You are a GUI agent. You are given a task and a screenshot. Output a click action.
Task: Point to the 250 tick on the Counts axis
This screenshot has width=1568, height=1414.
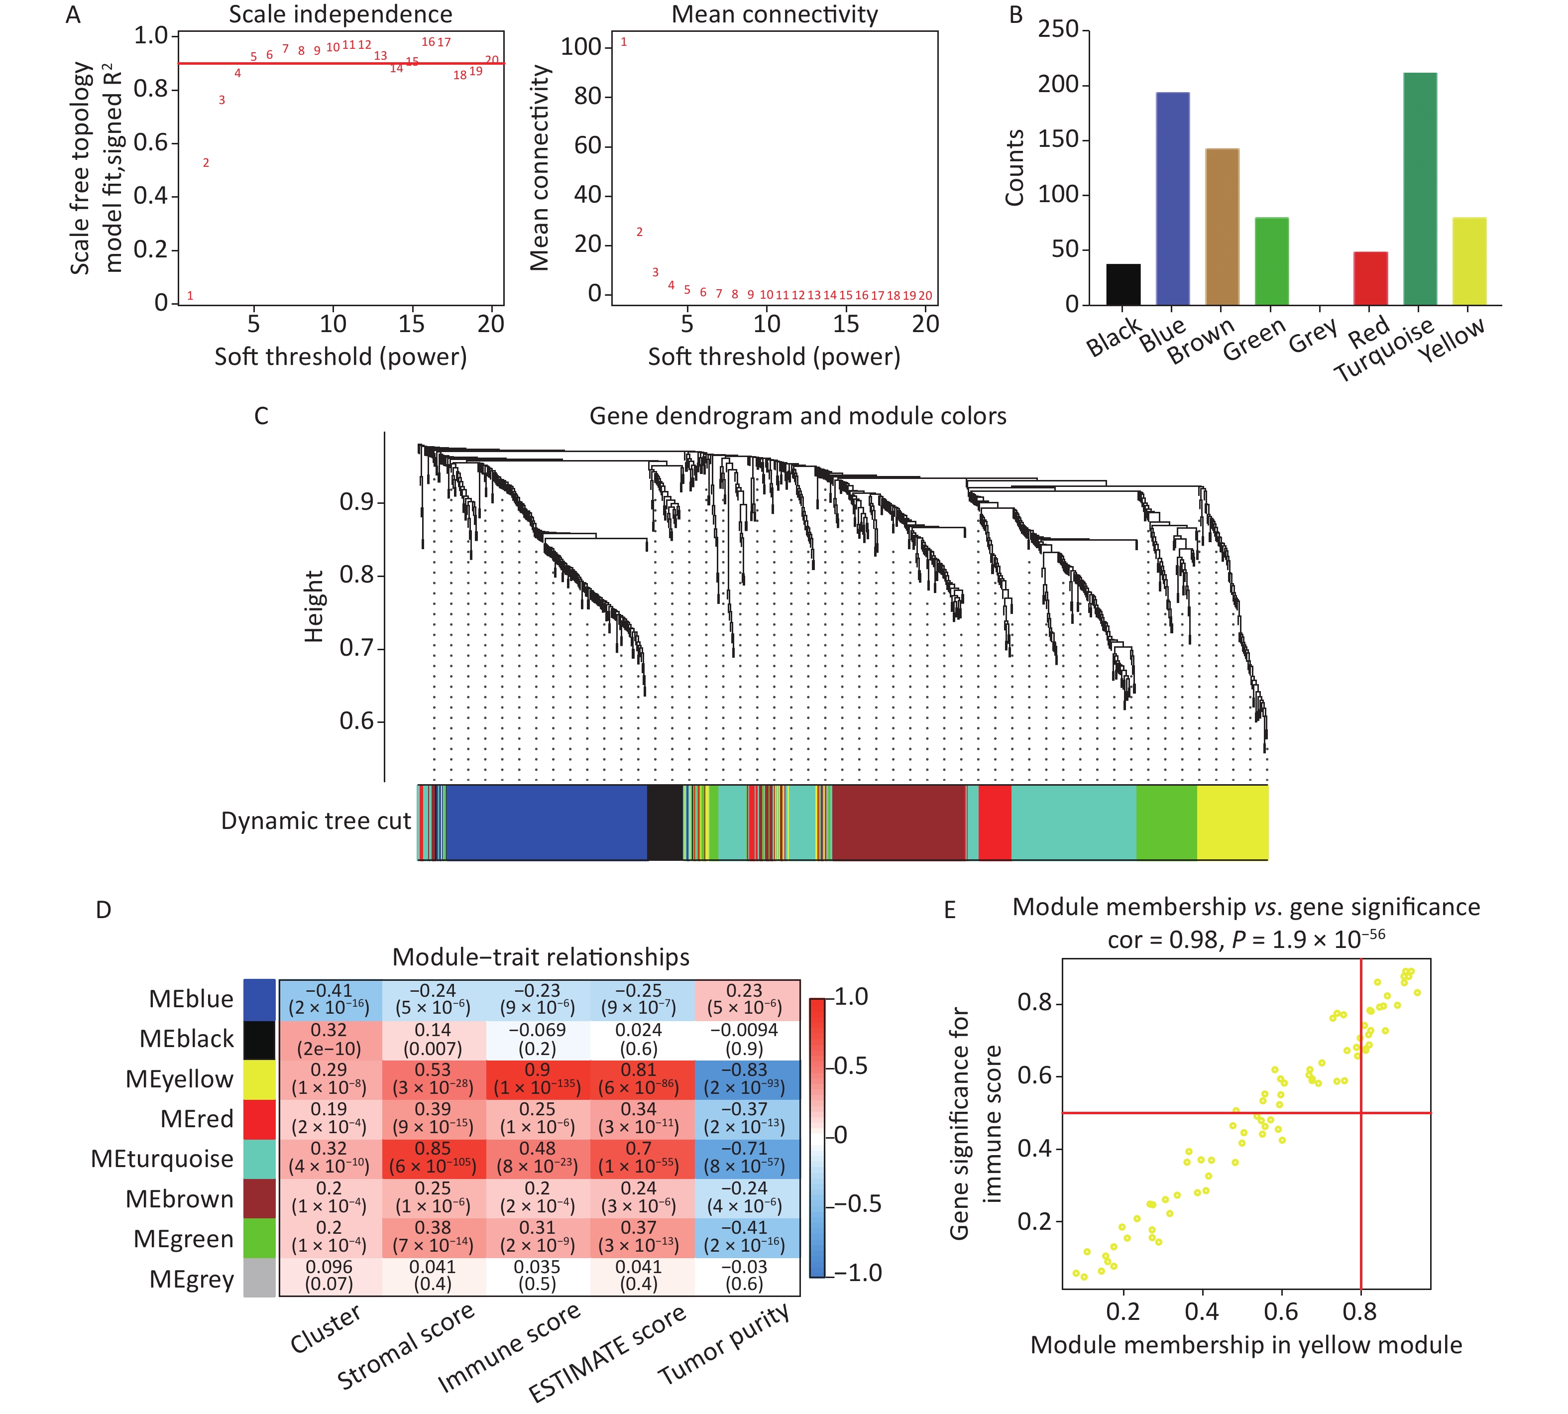pyautogui.click(x=1059, y=29)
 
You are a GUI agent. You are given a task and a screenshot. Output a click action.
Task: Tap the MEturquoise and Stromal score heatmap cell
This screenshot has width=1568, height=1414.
pyautogui.click(x=433, y=1158)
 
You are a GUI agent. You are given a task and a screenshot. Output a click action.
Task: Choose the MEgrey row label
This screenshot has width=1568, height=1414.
pyautogui.click(x=191, y=1278)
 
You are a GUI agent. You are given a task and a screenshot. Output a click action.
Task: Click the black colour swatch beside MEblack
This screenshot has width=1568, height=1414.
pyautogui.click(x=259, y=1040)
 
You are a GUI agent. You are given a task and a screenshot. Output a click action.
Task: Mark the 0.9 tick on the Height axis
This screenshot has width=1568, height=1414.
pyautogui.click(x=356, y=502)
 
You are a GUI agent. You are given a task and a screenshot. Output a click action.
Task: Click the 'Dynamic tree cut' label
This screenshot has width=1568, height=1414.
pyautogui.click(x=315, y=821)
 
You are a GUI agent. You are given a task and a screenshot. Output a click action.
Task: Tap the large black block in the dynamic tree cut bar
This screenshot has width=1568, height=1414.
pyautogui.click(x=665, y=822)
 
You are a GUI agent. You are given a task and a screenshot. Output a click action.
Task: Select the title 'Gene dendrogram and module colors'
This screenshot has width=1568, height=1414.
pyautogui.click(x=797, y=416)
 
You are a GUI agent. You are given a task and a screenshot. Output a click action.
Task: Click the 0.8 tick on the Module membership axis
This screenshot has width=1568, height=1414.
pyautogui.click(x=1359, y=1311)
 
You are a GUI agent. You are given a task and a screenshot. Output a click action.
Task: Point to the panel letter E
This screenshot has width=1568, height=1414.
pyautogui.click(x=949, y=910)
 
